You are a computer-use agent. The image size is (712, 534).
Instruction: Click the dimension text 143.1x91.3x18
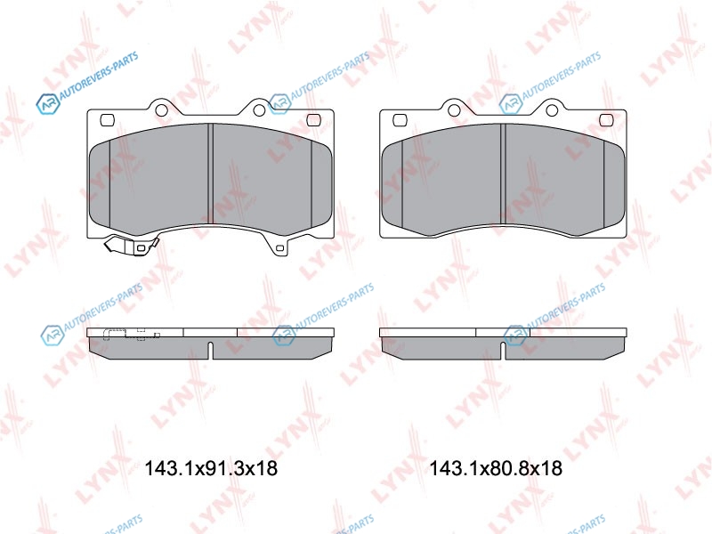tap(211, 468)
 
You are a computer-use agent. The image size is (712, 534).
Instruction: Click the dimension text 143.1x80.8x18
tap(496, 468)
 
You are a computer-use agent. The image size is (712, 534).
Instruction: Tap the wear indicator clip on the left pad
tap(131, 246)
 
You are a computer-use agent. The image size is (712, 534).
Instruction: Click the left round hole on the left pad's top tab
tap(161, 110)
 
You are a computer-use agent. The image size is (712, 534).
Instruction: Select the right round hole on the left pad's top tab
tap(259, 110)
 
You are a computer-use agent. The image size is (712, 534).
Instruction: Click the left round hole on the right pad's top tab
tap(454, 110)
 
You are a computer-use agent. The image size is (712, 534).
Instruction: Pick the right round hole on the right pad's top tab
tap(552, 110)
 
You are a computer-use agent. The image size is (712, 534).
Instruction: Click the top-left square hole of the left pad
tap(107, 120)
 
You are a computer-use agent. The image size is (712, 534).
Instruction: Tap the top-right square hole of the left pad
tap(314, 120)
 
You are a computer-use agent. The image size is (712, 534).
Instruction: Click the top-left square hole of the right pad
tap(400, 120)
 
